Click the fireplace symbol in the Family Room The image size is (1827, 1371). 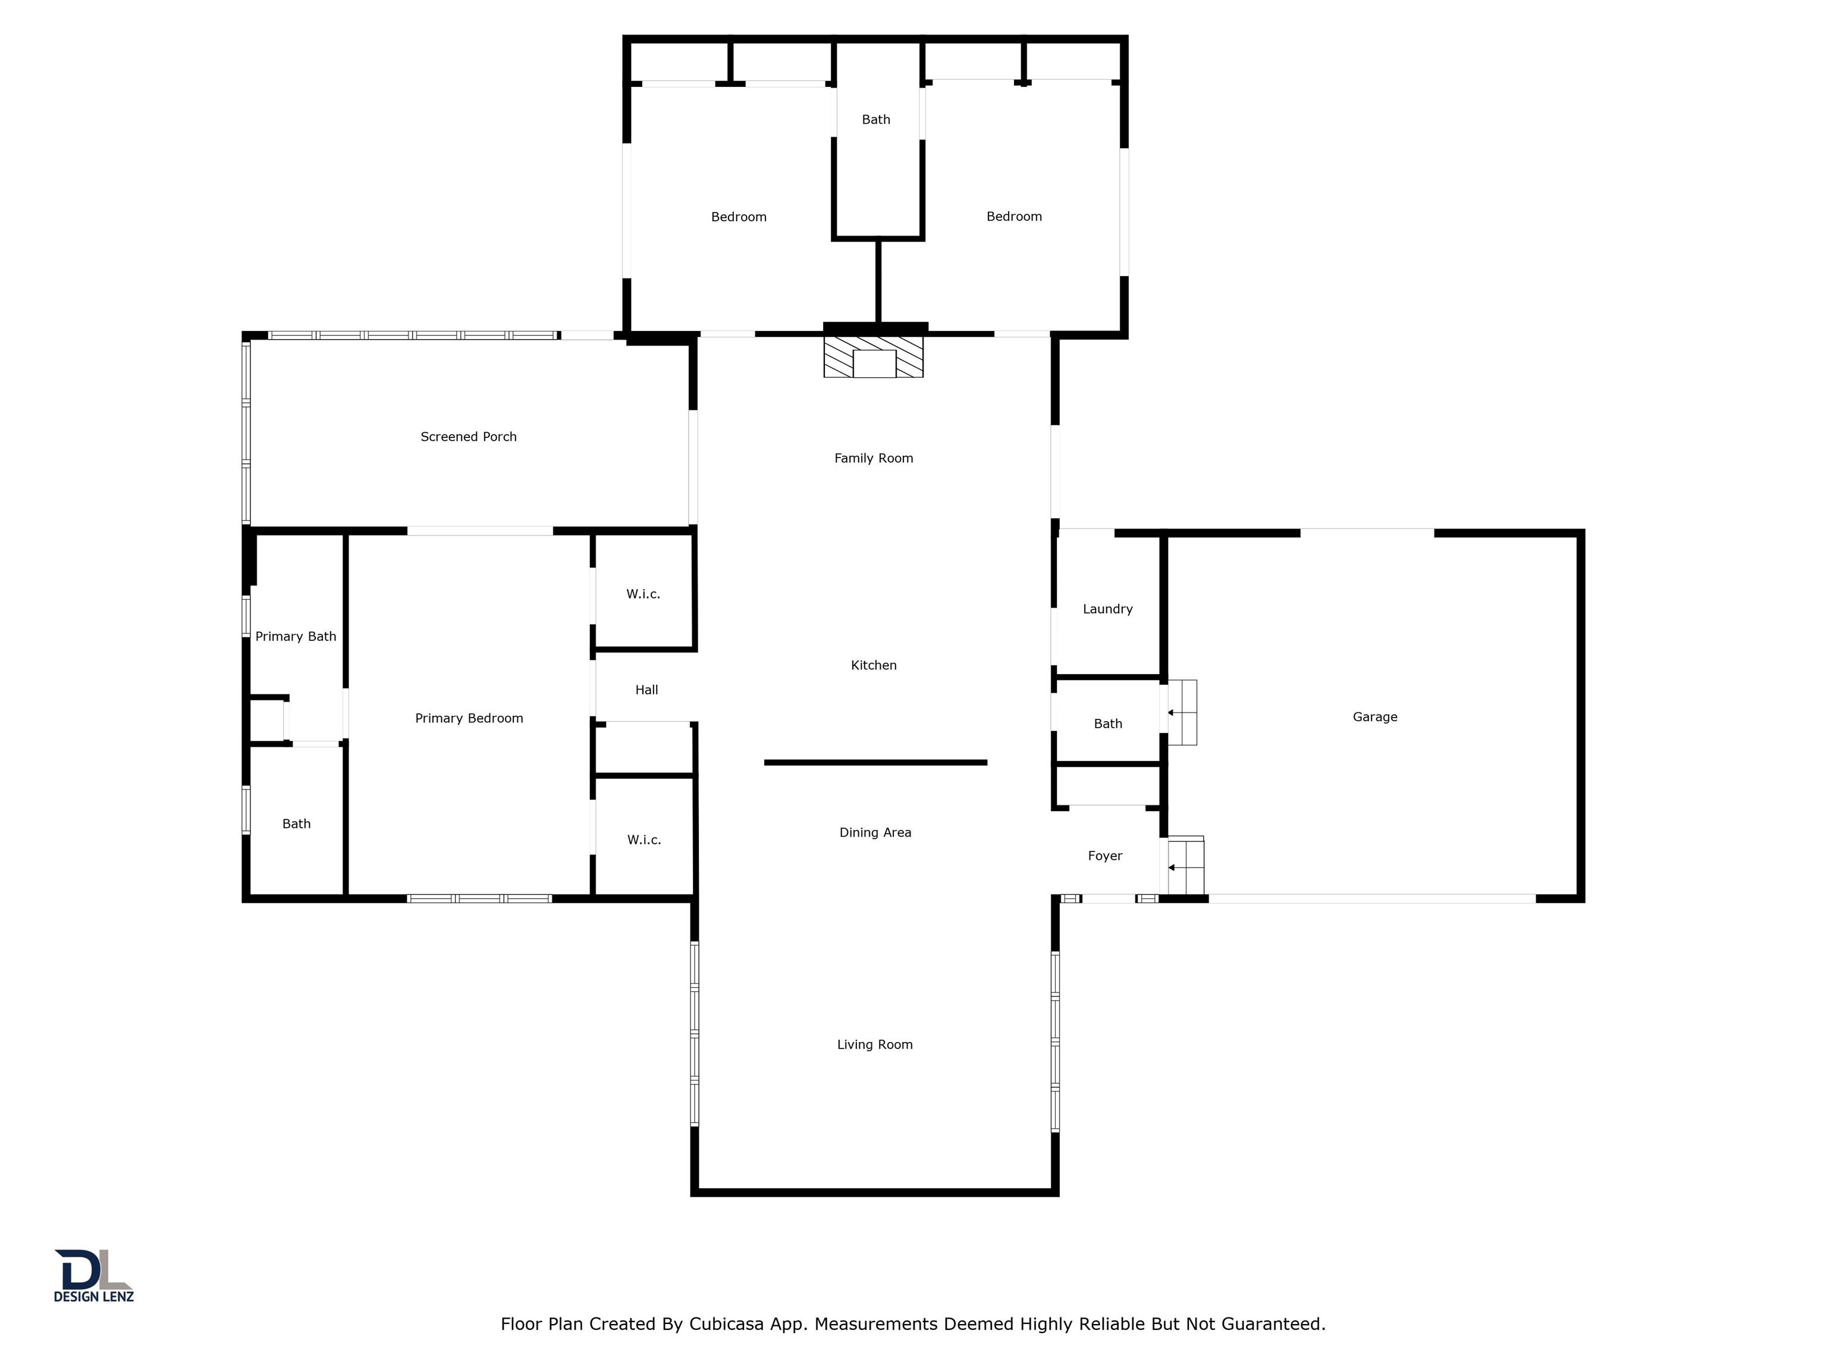pos(873,356)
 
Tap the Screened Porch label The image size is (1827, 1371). pos(468,436)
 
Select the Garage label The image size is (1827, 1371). pos(1375,716)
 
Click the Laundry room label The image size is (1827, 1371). pos(1107,609)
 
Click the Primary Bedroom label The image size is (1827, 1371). pos(469,718)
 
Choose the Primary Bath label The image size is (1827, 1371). pos(296,636)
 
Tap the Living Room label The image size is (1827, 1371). pos(875,1044)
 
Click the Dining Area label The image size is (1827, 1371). pos(875,832)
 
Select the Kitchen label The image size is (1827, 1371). pos(874,665)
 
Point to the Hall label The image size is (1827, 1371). pos(646,690)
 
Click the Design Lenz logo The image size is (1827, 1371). pos(93,1275)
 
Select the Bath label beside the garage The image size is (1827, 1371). pos(1107,724)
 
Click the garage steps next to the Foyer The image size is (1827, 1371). pos(1185,866)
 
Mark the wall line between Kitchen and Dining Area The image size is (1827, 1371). pos(875,763)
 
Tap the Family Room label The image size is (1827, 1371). pos(874,458)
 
